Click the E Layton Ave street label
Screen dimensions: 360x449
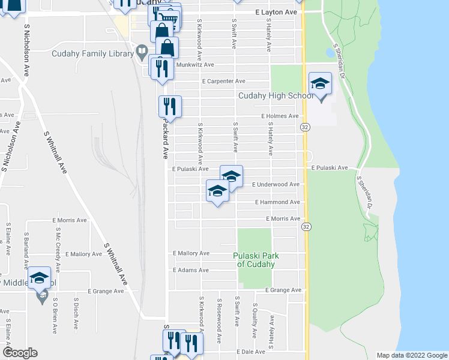click(276, 12)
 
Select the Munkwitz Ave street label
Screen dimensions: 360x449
click(193, 65)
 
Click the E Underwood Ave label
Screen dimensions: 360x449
click(275, 185)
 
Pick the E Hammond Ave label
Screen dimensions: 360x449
click(277, 203)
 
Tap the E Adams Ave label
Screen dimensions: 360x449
click(190, 271)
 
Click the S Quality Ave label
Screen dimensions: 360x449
click(255, 319)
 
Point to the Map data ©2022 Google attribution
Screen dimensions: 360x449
click(411, 355)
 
